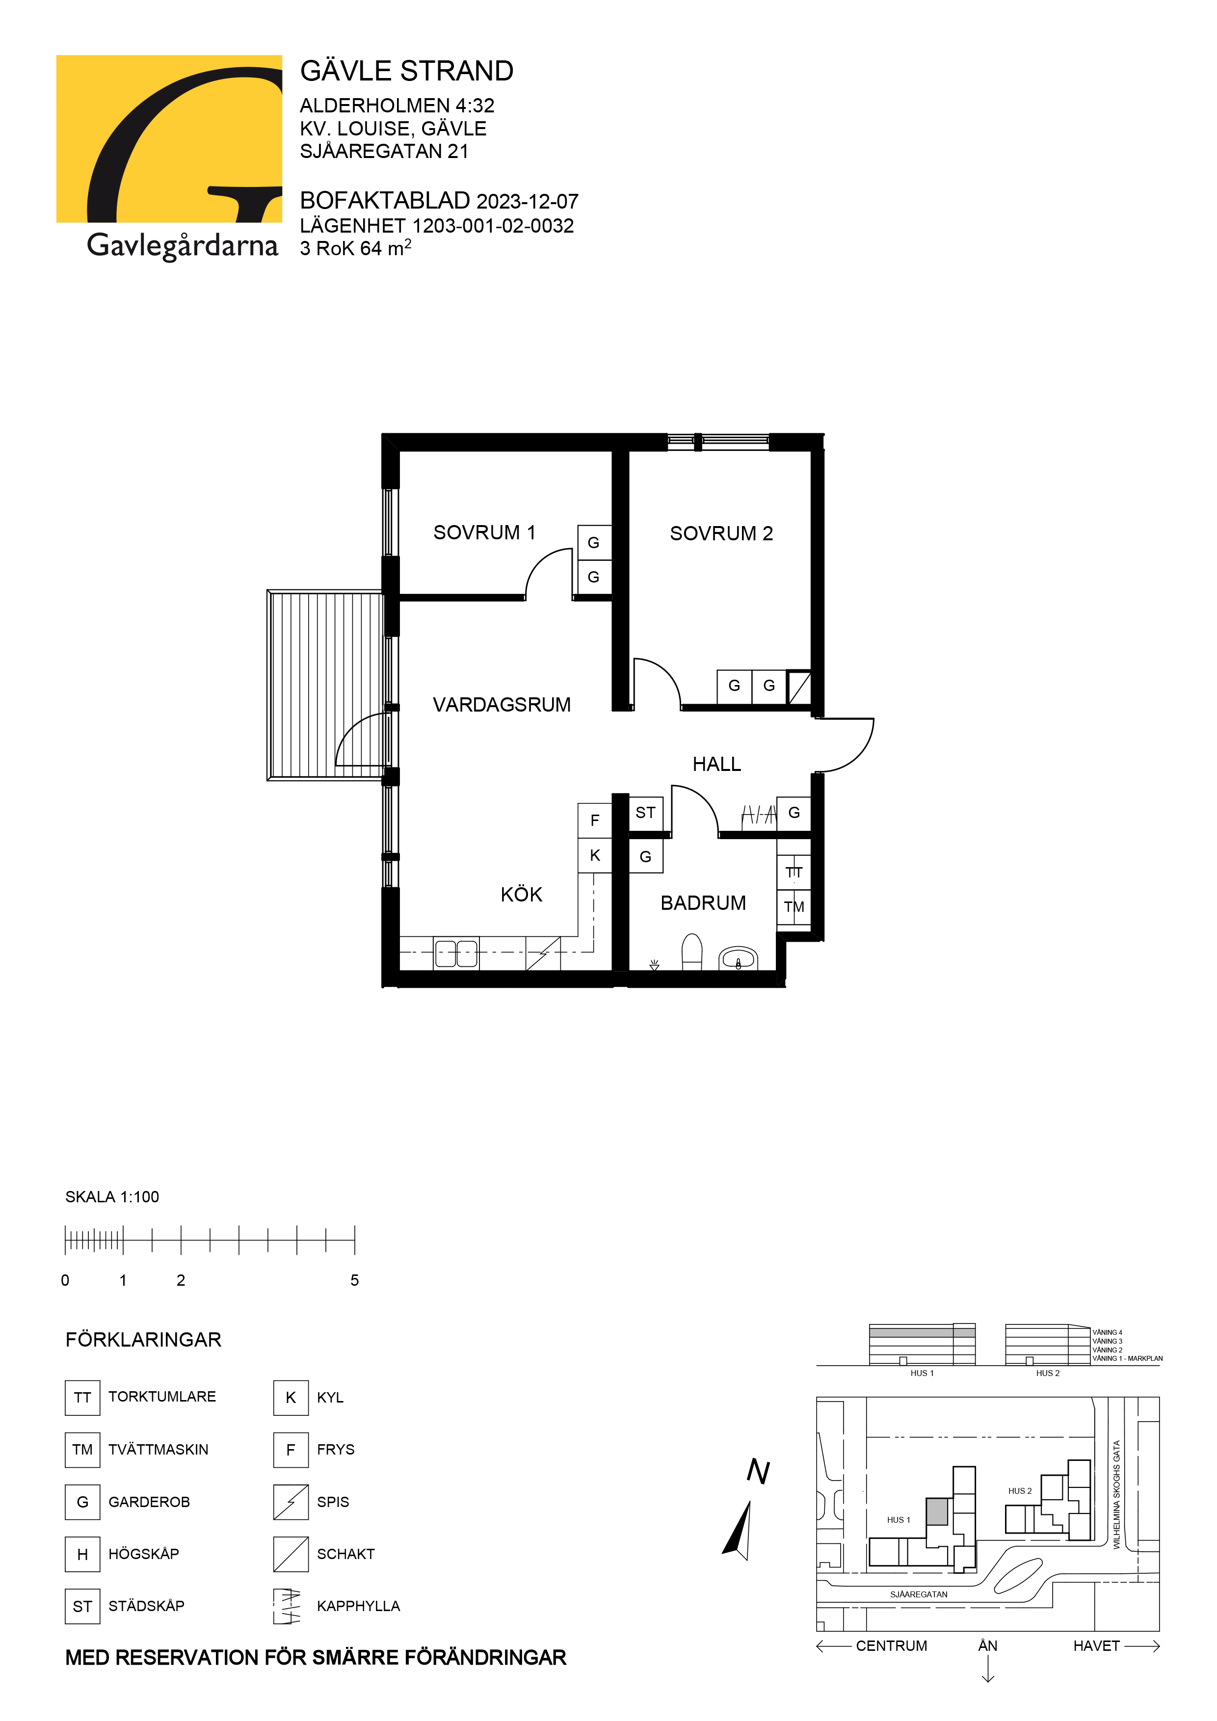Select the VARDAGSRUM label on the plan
coord(502,705)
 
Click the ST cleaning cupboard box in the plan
coord(645,813)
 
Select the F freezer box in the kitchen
coord(595,821)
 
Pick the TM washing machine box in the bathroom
coord(794,907)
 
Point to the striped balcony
coord(327,685)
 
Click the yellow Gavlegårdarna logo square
coord(169,139)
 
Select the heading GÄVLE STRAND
coord(407,71)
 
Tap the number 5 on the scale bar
coord(354,1280)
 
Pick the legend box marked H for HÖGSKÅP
coord(82,1554)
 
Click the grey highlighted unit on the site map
coord(937,1511)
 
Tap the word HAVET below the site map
coord(1096,1646)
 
